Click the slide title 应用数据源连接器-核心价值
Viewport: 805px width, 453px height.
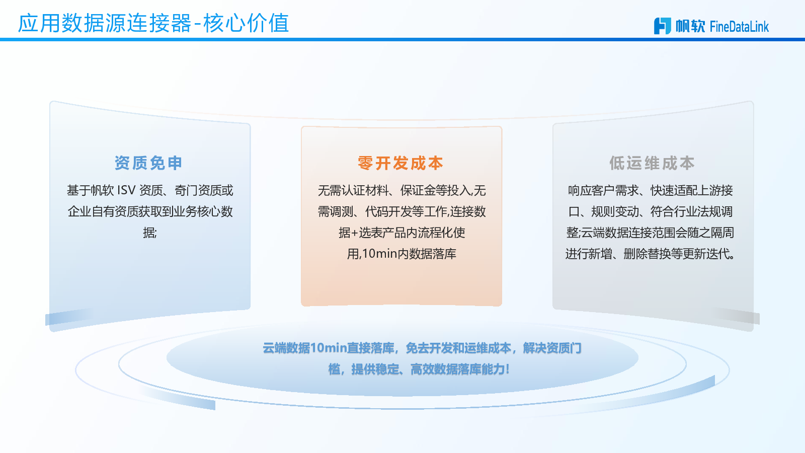pyautogui.click(x=153, y=23)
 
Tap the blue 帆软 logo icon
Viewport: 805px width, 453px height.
pyautogui.click(x=662, y=26)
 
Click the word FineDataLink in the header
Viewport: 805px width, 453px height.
pyautogui.click(x=740, y=26)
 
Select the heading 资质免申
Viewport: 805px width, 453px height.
pyautogui.click(x=148, y=163)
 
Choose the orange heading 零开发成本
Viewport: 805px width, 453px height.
pyautogui.click(x=400, y=163)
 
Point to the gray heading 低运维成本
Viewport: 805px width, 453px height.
pyautogui.click(x=652, y=163)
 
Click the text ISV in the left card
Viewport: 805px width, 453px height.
pyautogui.click(x=126, y=190)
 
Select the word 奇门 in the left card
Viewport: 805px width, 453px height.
pyautogui.click(x=186, y=190)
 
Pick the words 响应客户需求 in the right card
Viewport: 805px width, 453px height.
pyautogui.click(x=603, y=190)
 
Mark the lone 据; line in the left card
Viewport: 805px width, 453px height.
pyautogui.click(x=150, y=233)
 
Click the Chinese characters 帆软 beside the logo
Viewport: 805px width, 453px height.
pyautogui.click(x=690, y=26)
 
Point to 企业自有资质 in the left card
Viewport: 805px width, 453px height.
pyautogui.click(x=103, y=211)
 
